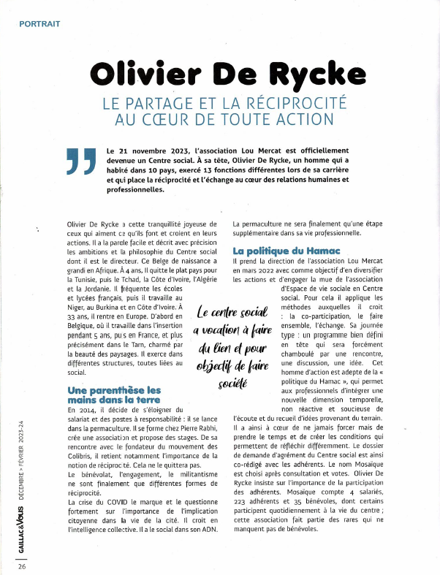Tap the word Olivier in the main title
pos(145,74)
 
